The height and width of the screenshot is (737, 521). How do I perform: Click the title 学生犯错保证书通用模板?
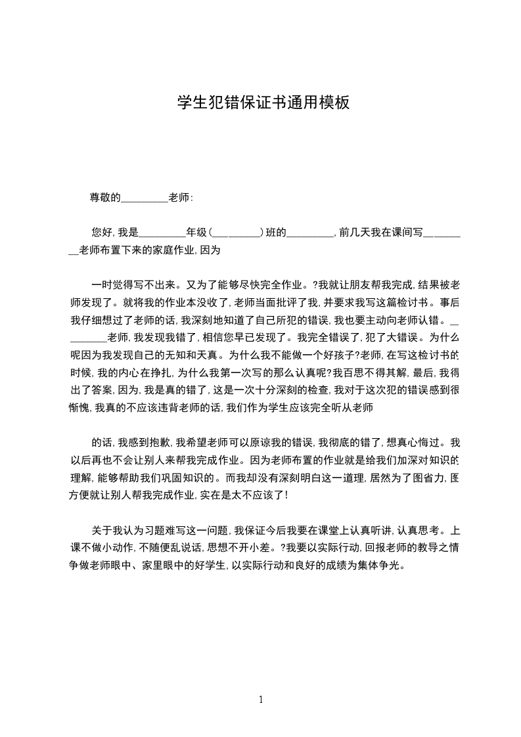[260, 103]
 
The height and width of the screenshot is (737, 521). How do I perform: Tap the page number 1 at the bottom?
[261, 700]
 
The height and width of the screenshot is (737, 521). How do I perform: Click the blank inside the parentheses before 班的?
[236, 233]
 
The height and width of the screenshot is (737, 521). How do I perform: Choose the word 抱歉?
[161, 443]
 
